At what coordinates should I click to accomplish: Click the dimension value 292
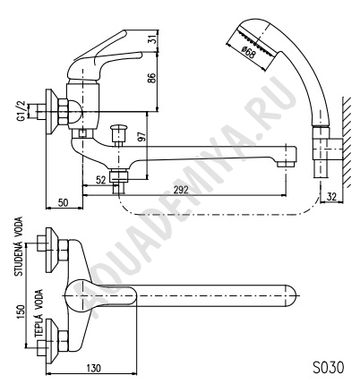(x=180, y=190)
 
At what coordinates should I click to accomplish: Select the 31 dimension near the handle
(x=152, y=40)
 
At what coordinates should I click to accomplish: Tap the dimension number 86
(x=152, y=78)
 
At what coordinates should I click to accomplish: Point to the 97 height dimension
(x=142, y=136)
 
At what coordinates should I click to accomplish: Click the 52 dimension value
(x=100, y=180)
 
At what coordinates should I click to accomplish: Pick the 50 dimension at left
(x=63, y=202)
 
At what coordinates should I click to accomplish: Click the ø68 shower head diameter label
(x=248, y=53)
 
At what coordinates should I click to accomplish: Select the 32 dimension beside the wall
(x=331, y=197)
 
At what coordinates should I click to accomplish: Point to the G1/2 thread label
(x=21, y=111)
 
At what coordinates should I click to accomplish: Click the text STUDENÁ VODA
(x=19, y=247)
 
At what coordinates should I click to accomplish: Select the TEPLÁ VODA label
(x=39, y=313)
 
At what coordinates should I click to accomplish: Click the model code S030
(x=328, y=367)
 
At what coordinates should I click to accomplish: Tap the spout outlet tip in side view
(x=285, y=164)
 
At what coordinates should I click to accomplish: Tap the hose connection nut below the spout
(x=119, y=175)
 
